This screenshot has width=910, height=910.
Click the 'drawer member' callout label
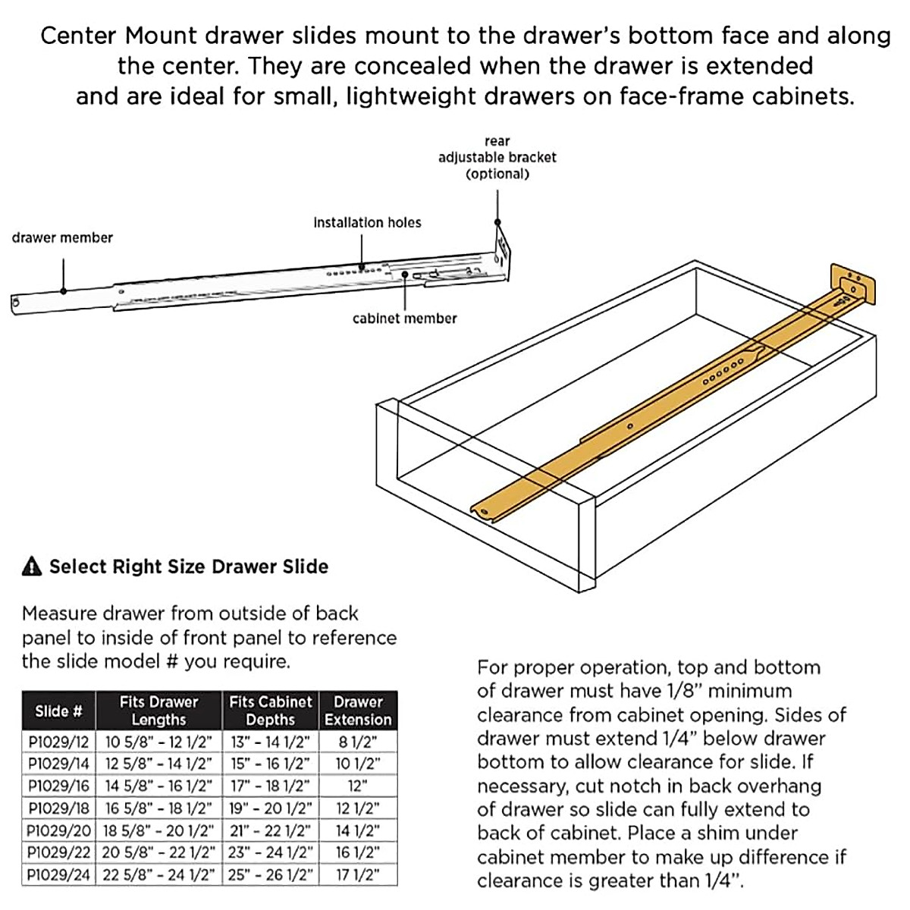click(x=62, y=238)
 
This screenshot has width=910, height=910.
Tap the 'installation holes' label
click(x=367, y=223)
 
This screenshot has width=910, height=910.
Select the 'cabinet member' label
click(x=404, y=319)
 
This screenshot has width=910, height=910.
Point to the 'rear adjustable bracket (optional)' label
click(x=497, y=158)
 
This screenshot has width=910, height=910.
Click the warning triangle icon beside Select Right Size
click(x=32, y=566)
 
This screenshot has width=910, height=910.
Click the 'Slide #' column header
click(x=58, y=711)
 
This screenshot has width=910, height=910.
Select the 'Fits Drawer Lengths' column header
click(x=158, y=711)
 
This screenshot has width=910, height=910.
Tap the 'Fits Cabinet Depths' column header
click(x=270, y=711)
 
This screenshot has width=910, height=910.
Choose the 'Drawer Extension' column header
click(x=358, y=711)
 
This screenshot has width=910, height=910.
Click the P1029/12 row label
click(x=58, y=742)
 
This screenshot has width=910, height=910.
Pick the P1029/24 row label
click(x=58, y=875)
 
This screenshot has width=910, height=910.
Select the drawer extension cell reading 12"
click(x=358, y=786)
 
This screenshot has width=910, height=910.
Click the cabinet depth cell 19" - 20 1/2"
click(x=270, y=808)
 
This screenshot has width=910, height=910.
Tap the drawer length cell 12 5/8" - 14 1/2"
click(x=158, y=764)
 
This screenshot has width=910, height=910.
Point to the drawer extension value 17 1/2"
click(x=358, y=875)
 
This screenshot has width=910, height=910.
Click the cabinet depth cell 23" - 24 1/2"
click(x=270, y=853)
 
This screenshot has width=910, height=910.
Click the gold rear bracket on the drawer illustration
click(x=853, y=285)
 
